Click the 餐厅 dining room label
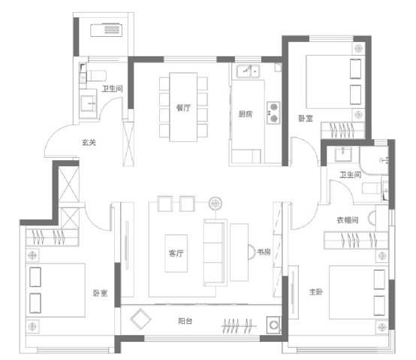coord(183,107)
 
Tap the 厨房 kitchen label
coord(245,114)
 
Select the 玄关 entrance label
coord(89,143)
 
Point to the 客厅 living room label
coord(176,253)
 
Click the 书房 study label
coord(264,252)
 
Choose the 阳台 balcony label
coord(185,321)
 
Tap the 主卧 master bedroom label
coord(316,292)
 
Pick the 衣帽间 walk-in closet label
coord(347,219)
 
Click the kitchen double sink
coord(249,71)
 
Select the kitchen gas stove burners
coord(273,112)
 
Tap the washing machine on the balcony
coord(273,325)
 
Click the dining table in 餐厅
coord(183,107)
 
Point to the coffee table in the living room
coord(176,253)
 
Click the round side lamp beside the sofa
coord(216,204)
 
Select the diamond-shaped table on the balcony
coord(140,319)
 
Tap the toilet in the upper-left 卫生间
coord(97,76)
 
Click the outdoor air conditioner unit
coord(107,30)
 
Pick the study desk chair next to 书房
coord(251,252)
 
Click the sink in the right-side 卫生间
coord(343,154)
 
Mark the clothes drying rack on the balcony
coord(239,325)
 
